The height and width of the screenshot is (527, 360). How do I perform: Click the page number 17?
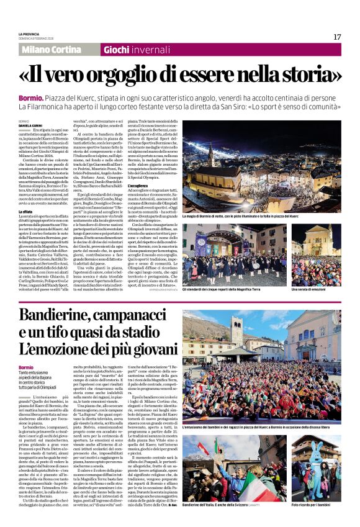336,37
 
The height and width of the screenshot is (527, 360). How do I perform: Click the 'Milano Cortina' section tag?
49,50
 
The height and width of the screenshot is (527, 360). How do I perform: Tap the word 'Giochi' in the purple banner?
116,50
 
